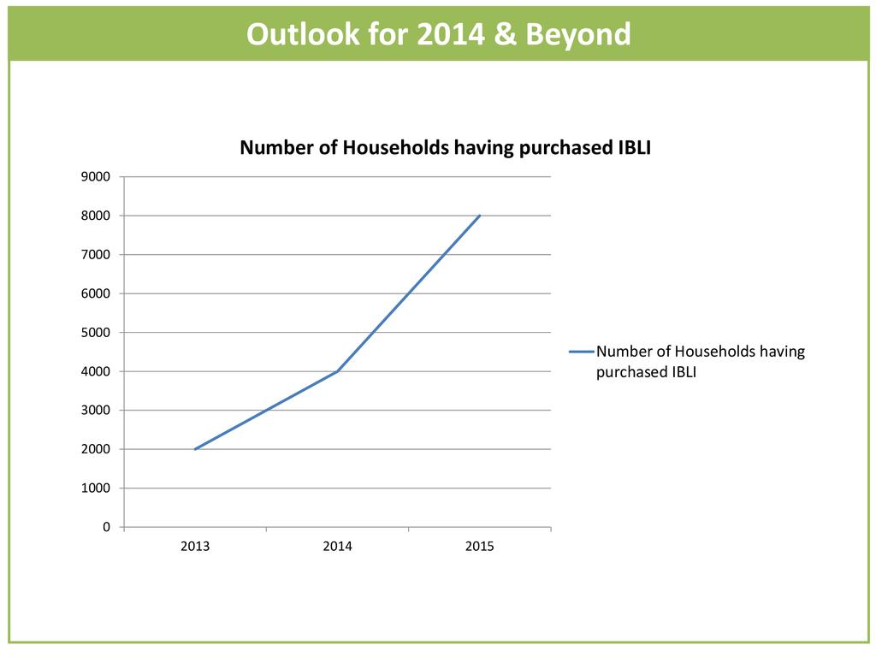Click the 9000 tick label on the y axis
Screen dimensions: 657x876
click(96, 177)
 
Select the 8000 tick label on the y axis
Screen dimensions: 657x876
click(96, 216)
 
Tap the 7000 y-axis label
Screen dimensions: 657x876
click(96, 255)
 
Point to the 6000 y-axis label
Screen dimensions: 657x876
click(96, 293)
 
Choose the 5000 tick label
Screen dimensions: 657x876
click(96, 333)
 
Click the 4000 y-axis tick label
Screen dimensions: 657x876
click(96, 371)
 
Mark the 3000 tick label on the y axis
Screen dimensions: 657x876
click(96, 411)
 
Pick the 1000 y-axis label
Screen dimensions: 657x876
click(96, 488)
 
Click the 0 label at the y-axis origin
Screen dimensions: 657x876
click(106, 527)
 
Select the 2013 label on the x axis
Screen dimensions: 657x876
click(195, 547)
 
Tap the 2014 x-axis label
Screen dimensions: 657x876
click(337, 547)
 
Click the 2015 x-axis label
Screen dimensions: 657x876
click(479, 547)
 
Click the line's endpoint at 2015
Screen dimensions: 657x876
click(480, 216)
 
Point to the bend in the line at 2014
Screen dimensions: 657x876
click(338, 371)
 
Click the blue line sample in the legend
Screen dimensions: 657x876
click(581, 352)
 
